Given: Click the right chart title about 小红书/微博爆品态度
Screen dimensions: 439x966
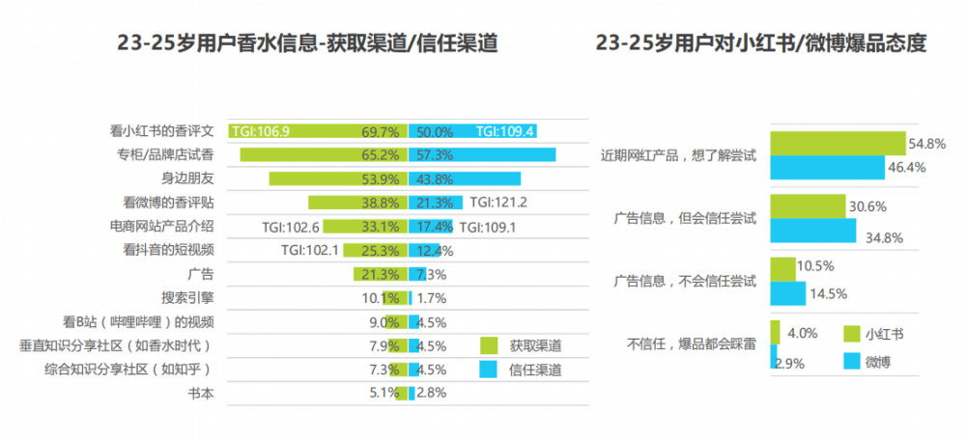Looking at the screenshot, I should click(x=761, y=44).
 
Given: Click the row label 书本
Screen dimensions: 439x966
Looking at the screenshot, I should click(x=200, y=393).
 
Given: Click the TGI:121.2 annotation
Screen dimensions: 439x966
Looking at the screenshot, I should click(x=499, y=203).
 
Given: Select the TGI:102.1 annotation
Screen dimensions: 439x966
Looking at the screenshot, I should click(x=309, y=250).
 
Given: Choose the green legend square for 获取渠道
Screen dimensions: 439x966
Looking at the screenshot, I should click(x=488, y=345).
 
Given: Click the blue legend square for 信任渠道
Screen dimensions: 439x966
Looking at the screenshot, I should click(x=488, y=370).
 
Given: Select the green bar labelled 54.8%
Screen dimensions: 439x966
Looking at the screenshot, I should click(x=837, y=143).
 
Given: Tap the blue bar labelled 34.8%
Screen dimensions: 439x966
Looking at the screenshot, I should click(x=812, y=232).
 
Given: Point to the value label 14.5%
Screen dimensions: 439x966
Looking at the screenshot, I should click(x=829, y=293).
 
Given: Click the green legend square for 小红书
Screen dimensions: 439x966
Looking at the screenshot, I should click(x=851, y=334).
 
